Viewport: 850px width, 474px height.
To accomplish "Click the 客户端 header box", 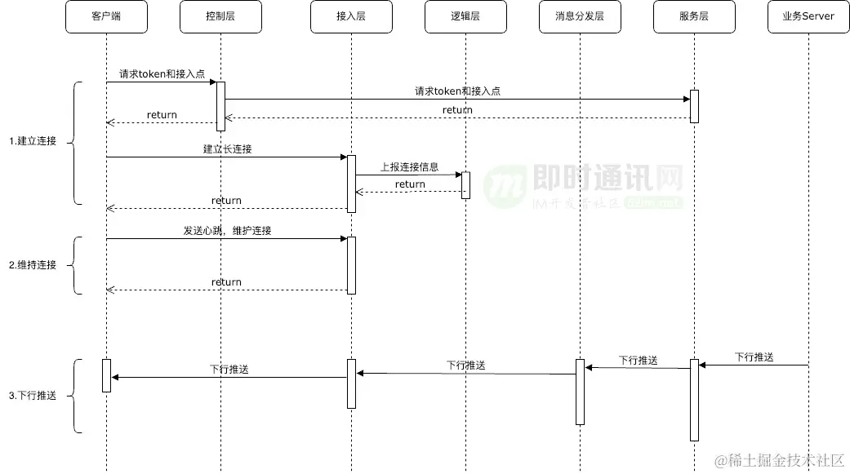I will [x=106, y=16].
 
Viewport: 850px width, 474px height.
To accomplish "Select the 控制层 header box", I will [x=220, y=16].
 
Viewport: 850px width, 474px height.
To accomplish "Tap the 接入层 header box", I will [x=351, y=16].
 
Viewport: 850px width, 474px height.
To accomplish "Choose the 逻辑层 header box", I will [x=465, y=16].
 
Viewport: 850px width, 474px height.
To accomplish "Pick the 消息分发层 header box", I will [x=580, y=16].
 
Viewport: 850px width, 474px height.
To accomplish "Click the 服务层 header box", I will [x=694, y=16].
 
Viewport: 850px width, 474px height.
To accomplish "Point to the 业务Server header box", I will [x=808, y=16].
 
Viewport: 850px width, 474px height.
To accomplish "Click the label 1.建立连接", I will [x=33, y=141].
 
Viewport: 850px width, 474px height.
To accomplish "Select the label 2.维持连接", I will [x=33, y=265].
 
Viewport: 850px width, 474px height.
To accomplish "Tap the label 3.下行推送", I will [x=33, y=396].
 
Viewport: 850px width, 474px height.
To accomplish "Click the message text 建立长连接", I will [x=228, y=149].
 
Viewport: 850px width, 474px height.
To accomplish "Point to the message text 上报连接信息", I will [x=409, y=166].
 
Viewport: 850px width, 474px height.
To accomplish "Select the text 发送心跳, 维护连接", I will [x=227, y=231].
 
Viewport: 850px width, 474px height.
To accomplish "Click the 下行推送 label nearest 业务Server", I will [x=754, y=357].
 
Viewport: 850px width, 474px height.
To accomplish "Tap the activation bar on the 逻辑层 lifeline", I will [x=465, y=185].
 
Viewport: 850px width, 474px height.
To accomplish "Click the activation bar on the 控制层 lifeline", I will [x=220, y=106].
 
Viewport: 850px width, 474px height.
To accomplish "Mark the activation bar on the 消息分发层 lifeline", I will [x=580, y=392].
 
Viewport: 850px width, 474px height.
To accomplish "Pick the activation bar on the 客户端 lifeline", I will [x=106, y=375].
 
